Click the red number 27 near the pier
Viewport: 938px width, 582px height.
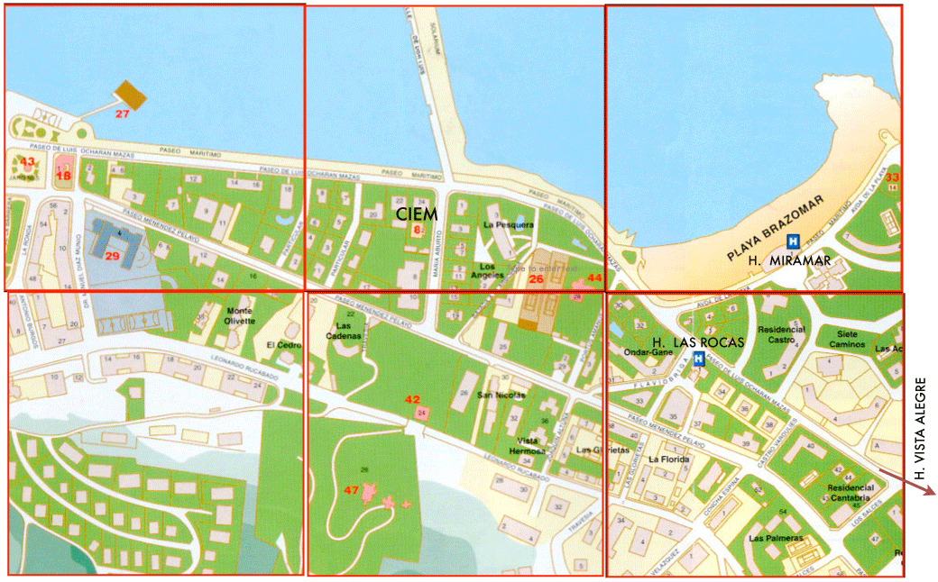pyautogui.click(x=123, y=114)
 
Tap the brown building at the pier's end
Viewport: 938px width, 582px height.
pyautogui.click(x=133, y=93)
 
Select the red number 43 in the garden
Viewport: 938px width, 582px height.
pyautogui.click(x=28, y=162)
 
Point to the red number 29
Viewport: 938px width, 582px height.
pyautogui.click(x=113, y=256)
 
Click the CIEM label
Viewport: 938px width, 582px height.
pyautogui.click(x=416, y=214)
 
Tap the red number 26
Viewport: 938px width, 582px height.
pyautogui.click(x=536, y=279)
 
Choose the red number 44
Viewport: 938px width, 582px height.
pyautogui.click(x=593, y=278)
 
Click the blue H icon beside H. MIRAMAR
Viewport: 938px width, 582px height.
pyautogui.click(x=794, y=241)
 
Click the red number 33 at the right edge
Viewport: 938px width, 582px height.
pyautogui.click(x=892, y=177)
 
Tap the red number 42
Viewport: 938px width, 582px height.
pyautogui.click(x=412, y=399)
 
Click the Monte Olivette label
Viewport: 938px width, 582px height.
pyautogui.click(x=239, y=315)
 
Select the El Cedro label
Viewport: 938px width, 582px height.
pyautogui.click(x=280, y=345)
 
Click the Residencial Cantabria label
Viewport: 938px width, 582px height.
pyautogui.click(x=849, y=493)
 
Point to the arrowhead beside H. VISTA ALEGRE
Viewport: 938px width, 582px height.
pyautogui.click(x=934, y=491)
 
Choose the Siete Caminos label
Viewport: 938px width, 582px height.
pyautogui.click(x=846, y=339)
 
